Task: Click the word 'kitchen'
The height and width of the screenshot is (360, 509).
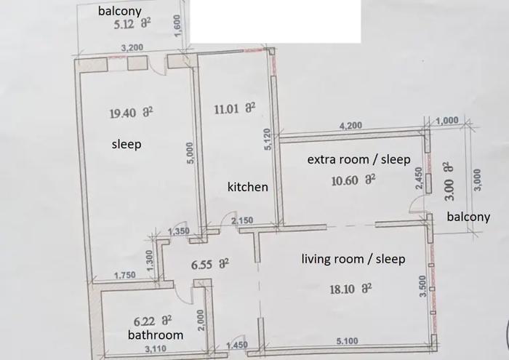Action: (x=248, y=187)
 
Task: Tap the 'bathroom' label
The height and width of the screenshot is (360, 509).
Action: (x=156, y=335)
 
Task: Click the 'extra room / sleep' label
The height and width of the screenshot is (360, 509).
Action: (x=358, y=159)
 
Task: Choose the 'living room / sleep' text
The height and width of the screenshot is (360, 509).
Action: (x=353, y=259)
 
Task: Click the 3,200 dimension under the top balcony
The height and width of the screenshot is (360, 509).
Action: (x=132, y=48)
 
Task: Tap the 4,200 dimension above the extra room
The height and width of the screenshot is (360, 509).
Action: (x=350, y=125)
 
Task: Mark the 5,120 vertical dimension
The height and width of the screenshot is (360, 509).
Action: (x=267, y=139)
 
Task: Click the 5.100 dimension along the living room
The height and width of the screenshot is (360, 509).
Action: (x=347, y=341)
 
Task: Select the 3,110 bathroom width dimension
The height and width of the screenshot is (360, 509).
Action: (x=156, y=349)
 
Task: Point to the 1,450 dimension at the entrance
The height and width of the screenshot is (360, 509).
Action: (x=237, y=345)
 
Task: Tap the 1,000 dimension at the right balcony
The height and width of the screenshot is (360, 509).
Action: (x=447, y=121)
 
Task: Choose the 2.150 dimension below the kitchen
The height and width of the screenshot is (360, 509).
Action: (x=242, y=221)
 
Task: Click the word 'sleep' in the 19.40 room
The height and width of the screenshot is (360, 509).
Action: (x=127, y=144)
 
